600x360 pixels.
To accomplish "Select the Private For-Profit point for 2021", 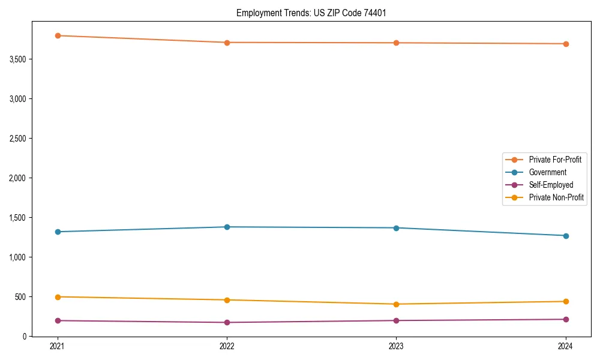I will (58, 35).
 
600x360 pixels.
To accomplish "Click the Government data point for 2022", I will (227, 227).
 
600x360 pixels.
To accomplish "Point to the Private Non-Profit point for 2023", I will (396, 304).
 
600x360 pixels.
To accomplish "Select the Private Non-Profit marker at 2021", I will (58, 297).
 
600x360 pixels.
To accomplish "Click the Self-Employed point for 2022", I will (227, 322).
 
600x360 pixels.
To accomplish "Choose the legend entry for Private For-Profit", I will (554, 160).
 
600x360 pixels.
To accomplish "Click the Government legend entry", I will (547, 172).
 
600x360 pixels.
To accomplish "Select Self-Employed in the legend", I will (551, 185).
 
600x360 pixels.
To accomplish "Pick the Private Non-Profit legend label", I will (556, 197).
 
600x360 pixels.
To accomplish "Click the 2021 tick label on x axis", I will (58, 346).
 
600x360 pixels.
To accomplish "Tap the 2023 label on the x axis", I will (396, 346).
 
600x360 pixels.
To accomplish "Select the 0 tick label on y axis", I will (25, 337).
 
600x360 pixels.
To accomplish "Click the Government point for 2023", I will (396, 228).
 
